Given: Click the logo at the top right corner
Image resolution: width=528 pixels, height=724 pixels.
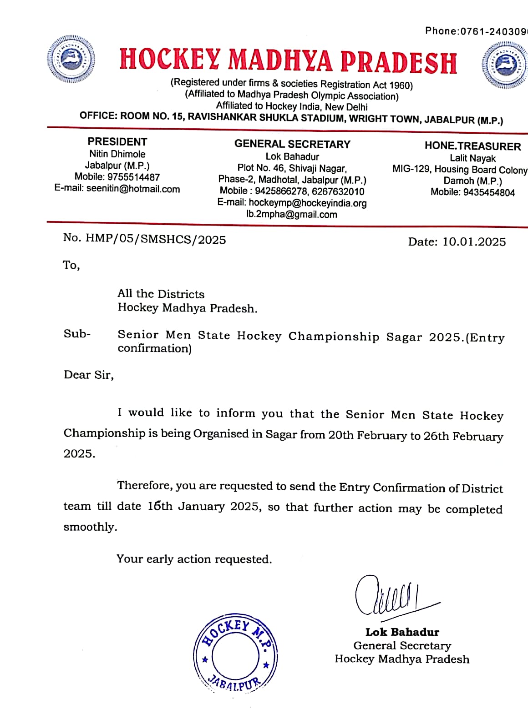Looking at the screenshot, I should click(504, 65).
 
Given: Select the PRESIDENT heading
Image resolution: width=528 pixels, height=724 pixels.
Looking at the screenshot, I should click(117, 142).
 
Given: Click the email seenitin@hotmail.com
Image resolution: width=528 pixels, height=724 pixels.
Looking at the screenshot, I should click(133, 189).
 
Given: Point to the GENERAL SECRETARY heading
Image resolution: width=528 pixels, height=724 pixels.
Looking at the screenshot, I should click(292, 144).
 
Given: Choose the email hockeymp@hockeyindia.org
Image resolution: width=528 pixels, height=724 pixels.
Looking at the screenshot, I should click(308, 203).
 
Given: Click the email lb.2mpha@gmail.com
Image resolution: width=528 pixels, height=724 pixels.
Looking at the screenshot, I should click(292, 215).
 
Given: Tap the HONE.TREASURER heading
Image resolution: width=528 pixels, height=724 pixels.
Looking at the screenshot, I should click(472, 146).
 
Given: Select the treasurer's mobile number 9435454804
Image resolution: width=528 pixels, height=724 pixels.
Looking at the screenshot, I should click(489, 192).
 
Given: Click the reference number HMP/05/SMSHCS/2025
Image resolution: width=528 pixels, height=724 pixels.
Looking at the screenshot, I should click(156, 239).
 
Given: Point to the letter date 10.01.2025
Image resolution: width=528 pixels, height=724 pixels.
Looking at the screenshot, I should click(474, 241).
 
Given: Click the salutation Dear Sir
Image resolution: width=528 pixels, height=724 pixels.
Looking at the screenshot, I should click(88, 375).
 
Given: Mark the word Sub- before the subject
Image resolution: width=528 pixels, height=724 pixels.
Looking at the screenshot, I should click(77, 334).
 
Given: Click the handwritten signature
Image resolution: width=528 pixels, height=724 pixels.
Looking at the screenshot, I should click(391, 596).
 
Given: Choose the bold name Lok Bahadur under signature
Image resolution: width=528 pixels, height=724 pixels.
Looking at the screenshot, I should click(402, 632).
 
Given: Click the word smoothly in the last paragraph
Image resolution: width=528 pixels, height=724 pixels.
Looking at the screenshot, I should click(90, 527).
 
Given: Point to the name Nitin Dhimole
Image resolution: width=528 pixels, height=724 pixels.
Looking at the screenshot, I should click(117, 154).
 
